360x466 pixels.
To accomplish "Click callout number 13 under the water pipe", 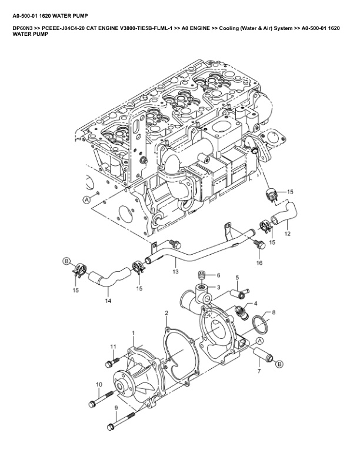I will click(x=175, y=272).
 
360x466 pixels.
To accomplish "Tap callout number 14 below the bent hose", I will click(x=108, y=301).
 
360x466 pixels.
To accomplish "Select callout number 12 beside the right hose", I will click(x=287, y=234).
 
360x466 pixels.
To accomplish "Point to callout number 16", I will click(x=259, y=262).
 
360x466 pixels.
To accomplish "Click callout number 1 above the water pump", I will click(x=134, y=334).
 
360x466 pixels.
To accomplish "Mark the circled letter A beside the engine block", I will click(x=86, y=199).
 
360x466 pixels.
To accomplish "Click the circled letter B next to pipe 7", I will click(x=279, y=364).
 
